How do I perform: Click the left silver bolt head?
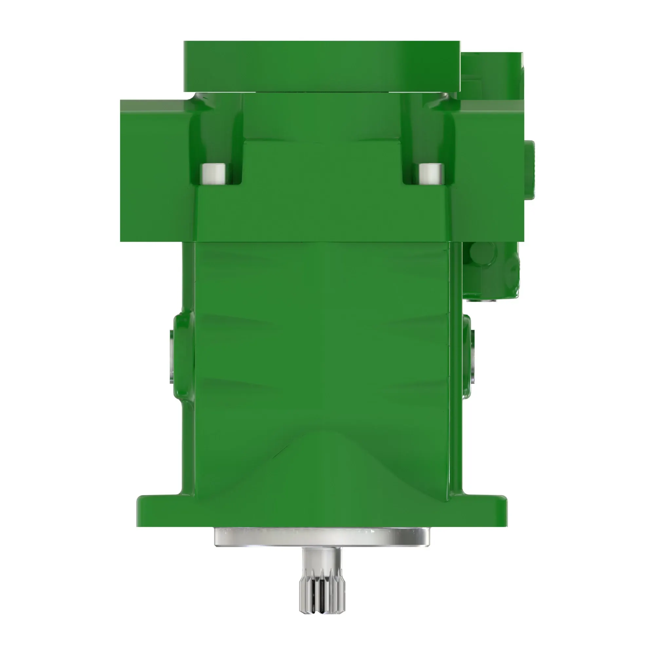click(x=213, y=174)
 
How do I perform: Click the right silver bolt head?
click(x=431, y=174)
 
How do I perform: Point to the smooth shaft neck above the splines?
click(x=322, y=566)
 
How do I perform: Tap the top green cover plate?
click(x=322, y=66)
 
